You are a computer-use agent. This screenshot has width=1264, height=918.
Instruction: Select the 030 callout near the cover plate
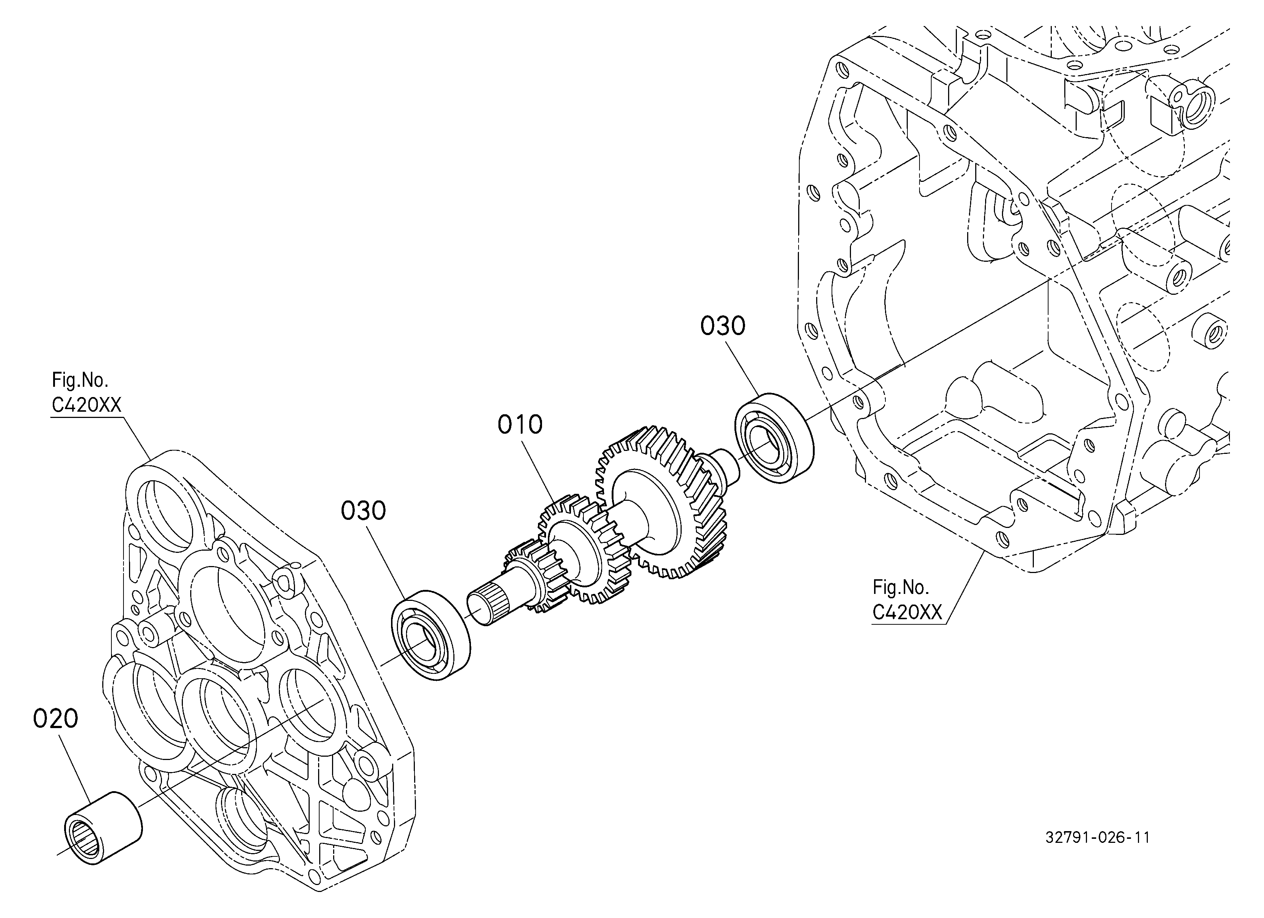[363, 511]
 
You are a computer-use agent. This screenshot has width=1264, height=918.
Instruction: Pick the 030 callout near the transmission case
[722, 326]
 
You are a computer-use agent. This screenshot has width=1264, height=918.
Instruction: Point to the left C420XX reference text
[86, 405]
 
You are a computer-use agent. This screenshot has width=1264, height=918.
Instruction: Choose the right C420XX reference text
[907, 613]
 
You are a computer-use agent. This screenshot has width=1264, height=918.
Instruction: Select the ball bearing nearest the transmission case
[774, 437]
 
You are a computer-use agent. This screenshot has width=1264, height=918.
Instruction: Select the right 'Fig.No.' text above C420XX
[900, 587]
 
